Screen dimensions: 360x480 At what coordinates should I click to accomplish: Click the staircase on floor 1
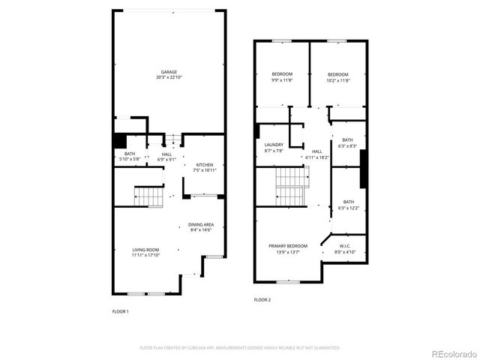150,196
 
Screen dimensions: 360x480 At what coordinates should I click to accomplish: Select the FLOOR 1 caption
121,311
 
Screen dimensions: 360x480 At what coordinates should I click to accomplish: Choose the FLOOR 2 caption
262,299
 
